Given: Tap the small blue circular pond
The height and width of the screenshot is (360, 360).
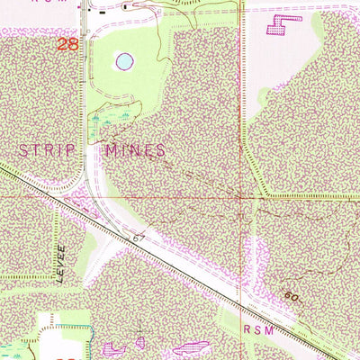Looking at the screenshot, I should (123, 62).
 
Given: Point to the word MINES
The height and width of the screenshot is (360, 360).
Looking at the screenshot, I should (134, 150).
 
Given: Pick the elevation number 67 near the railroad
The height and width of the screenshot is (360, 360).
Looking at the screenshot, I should (138, 238).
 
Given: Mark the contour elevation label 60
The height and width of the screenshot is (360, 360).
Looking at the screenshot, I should (290, 296).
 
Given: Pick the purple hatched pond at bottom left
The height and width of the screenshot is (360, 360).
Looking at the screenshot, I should (112, 348).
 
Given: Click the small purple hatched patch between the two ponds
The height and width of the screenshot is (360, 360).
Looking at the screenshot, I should (139, 342).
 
